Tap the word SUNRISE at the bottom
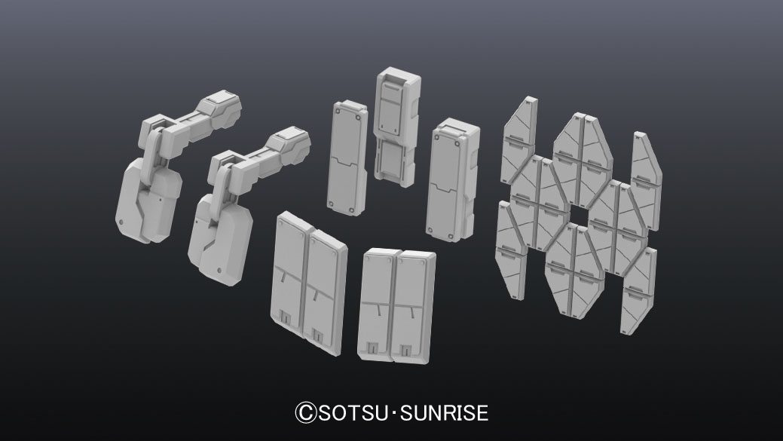coord(445,413)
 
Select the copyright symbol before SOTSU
coord(306,413)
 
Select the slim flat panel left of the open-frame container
coord(347,158)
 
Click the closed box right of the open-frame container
coord(452,180)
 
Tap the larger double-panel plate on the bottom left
coord(310,283)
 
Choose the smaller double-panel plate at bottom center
coord(396,305)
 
